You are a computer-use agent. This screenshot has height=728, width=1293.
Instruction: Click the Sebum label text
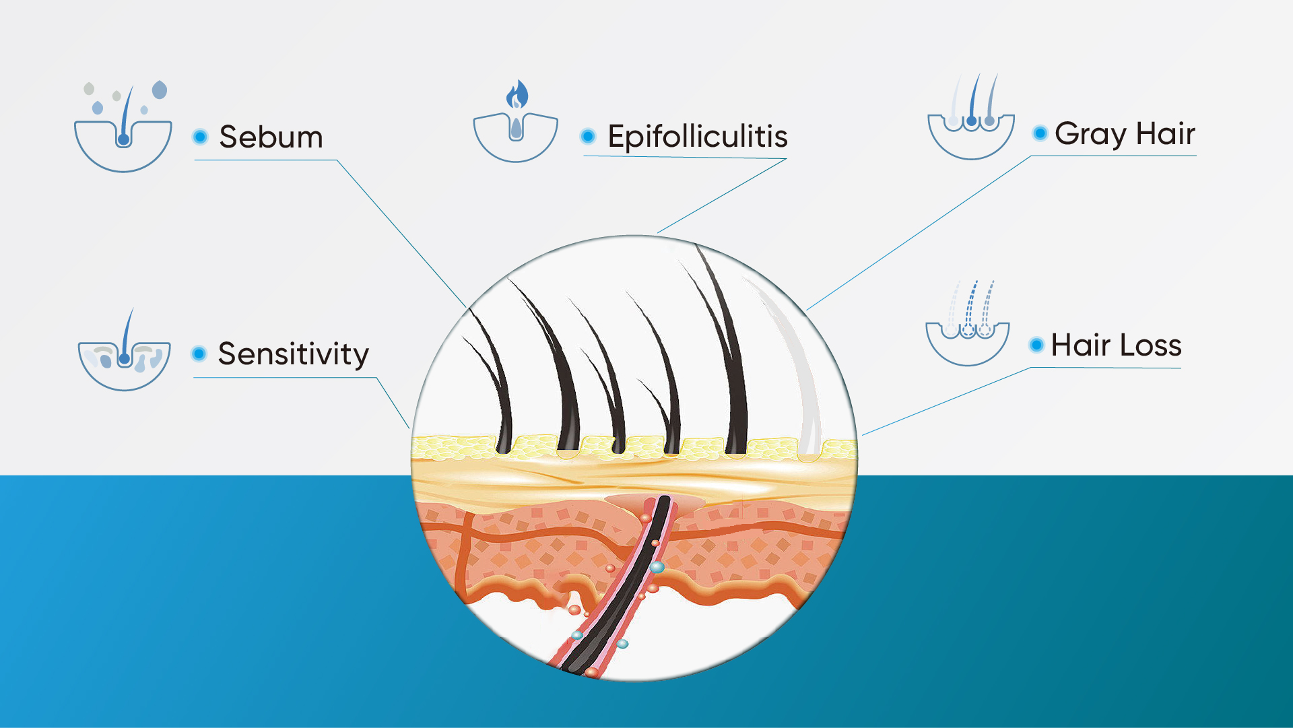pos(271,137)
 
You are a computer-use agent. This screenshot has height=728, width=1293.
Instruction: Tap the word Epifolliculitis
pos(698,137)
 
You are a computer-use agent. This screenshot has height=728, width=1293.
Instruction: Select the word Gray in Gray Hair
pos(1090,134)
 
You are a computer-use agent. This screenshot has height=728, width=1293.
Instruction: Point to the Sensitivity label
pos(294,354)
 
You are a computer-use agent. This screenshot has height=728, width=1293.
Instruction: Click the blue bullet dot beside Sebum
pos(200,137)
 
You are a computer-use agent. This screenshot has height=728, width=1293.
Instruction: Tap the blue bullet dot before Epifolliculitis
pos(588,137)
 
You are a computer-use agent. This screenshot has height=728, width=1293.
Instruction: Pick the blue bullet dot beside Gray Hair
pos(1040,133)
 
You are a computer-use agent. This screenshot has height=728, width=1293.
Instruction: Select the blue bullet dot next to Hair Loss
pos(1037,345)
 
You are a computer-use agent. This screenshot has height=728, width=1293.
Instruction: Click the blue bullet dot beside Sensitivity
pos(199,354)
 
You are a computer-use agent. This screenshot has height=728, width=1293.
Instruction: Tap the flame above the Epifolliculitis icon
pos(517,94)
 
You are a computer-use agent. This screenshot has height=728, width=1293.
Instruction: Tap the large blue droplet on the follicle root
pos(657,567)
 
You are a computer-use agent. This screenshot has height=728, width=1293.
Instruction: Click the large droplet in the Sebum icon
pos(160,90)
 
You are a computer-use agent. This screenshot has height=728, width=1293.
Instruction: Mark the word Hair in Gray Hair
pos(1166,133)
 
